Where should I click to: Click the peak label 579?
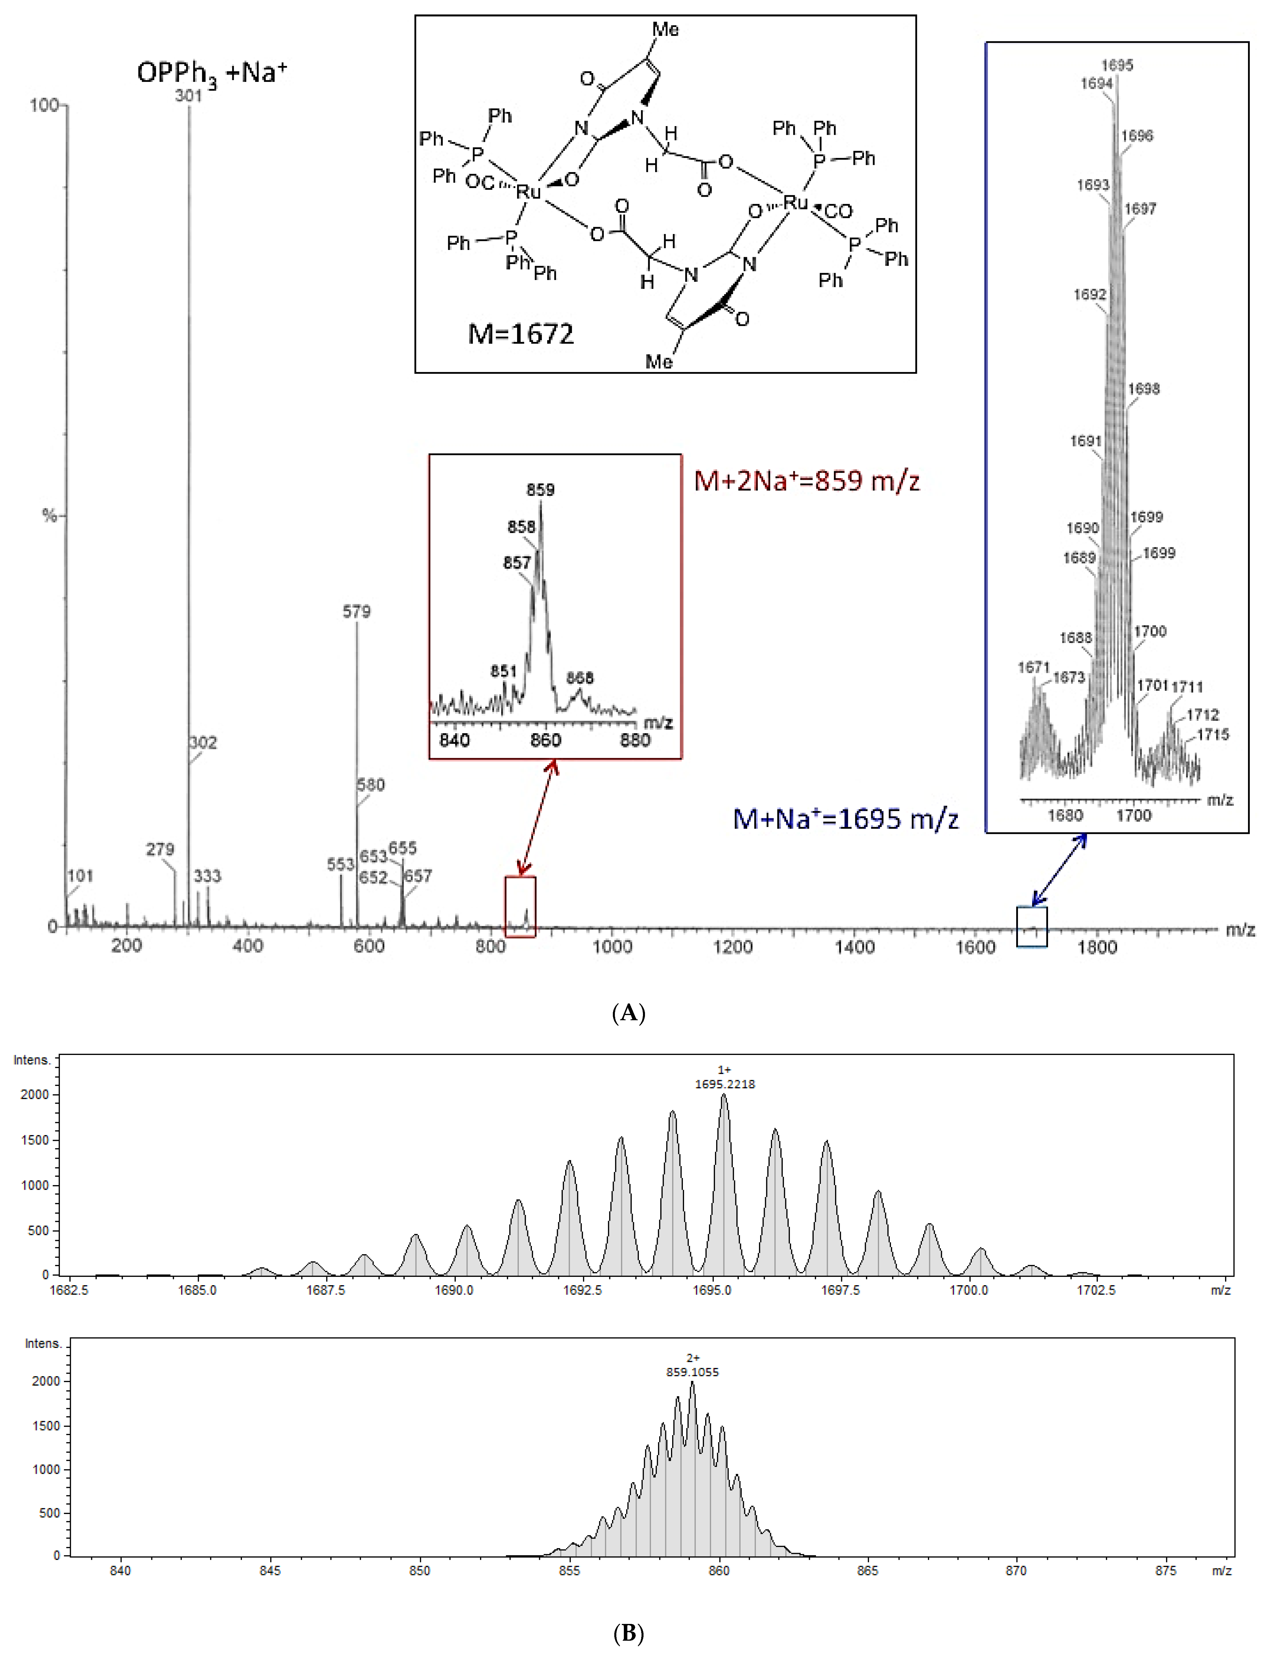click(356, 612)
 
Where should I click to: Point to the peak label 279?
click(160, 849)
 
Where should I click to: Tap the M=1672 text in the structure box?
click(521, 334)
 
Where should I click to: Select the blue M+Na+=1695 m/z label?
click(846, 819)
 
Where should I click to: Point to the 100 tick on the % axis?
click(44, 105)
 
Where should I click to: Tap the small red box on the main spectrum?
click(520, 907)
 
